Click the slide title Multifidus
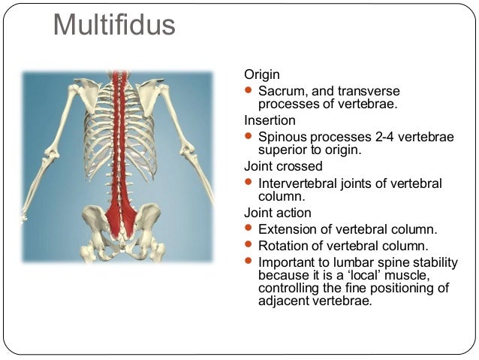[x=114, y=26]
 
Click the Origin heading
[x=262, y=74]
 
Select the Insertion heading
[x=270, y=120]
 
